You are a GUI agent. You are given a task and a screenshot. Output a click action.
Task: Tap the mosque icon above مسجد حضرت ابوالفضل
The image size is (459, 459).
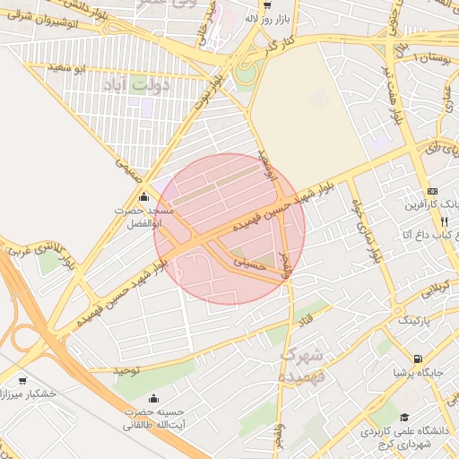pyautogui.click(x=144, y=197)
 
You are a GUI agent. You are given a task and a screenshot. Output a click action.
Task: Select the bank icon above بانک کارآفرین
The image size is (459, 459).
pyautogui.click(x=433, y=191)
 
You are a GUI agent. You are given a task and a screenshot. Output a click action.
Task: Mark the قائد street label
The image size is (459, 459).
pyautogui.click(x=309, y=315)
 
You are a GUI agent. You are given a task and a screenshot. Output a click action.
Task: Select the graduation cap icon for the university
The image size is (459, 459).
pyautogui.click(x=405, y=418)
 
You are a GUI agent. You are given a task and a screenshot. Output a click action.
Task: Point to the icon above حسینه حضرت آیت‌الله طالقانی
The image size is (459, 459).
pyautogui.click(x=153, y=398)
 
